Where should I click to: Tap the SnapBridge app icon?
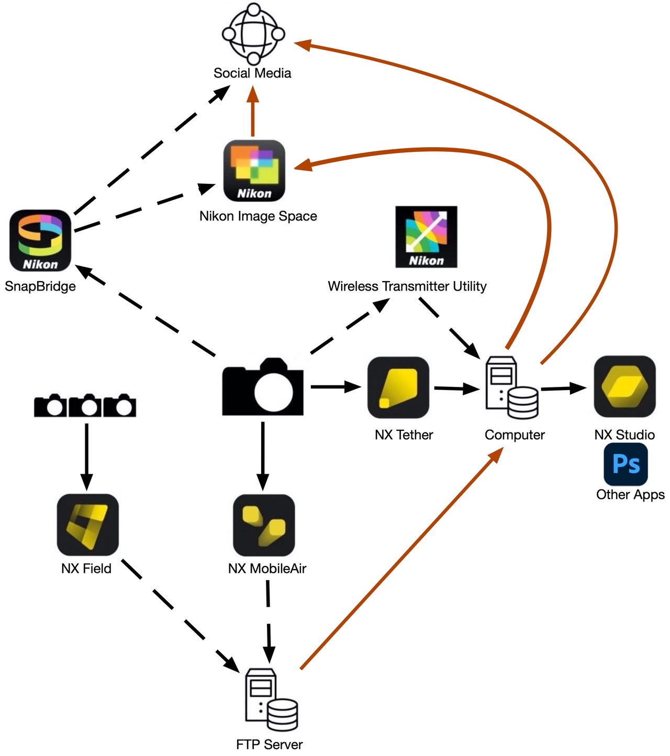point(40,241)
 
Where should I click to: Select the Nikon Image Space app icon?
point(254,171)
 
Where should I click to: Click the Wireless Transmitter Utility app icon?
point(426,237)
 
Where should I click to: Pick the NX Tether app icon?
point(398,388)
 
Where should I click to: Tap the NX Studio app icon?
point(624,387)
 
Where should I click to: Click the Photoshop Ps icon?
point(626,464)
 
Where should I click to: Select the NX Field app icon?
point(87,525)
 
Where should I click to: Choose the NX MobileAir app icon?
point(264,525)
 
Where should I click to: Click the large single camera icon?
point(263,387)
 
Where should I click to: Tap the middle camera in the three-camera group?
point(85,406)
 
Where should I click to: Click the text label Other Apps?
point(630,495)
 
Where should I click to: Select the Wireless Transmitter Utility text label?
point(407,286)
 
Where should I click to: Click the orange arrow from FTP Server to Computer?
point(398,560)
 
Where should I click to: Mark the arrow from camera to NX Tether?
point(335,387)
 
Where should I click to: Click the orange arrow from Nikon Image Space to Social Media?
point(253,113)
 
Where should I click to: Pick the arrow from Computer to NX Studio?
point(563,388)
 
